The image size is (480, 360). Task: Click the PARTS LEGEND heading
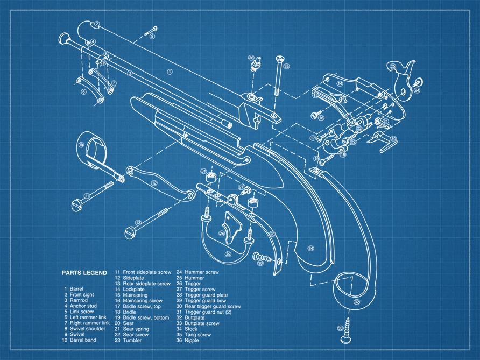[x=83, y=272]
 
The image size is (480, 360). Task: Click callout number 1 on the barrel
[x=170, y=71]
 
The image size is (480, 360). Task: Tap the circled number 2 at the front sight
[x=96, y=24]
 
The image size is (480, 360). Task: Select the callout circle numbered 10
[x=81, y=145]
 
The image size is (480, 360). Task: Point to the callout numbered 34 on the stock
[x=310, y=248]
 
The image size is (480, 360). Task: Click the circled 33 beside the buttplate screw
[x=340, y=328]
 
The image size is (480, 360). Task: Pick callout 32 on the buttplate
[x=356, y=302]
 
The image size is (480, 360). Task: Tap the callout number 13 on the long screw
[x=138, y=222]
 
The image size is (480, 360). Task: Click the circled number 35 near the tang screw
[x=286, y=67]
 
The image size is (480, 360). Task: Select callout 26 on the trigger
[x=222, y=234]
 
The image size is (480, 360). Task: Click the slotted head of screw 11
[x=77, y=204]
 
